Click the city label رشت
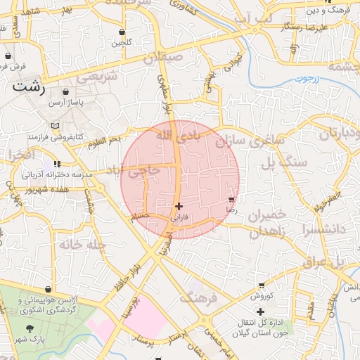click(x=28, y=89)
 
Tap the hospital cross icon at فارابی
click(x=179, y=206)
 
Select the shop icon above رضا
click(x=231, y=200)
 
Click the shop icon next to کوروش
click(x=262, y=285)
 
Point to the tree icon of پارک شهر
click(x=29, y=328)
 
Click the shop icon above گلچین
click(x=122, y=32)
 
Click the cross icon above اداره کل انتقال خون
click(x=260, y=311)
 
